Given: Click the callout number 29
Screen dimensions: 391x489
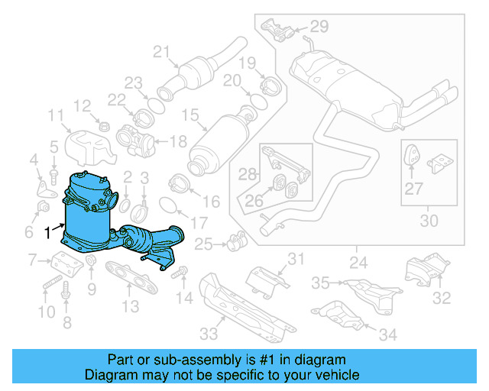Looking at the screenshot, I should pyautogui.click(x=319, y=27).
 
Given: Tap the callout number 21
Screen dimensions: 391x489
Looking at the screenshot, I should pyautogui.click(x=160, y=52).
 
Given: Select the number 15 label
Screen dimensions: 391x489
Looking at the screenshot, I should pyautogui.click(x=189, y=115).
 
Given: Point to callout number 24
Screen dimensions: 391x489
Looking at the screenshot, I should pyautogui.click(x=358, y=263).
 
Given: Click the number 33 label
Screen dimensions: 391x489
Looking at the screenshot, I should pyautogui.click(x=208, y=332).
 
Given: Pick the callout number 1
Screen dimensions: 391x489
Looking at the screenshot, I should pyautogui.click(x=48, y=231).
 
